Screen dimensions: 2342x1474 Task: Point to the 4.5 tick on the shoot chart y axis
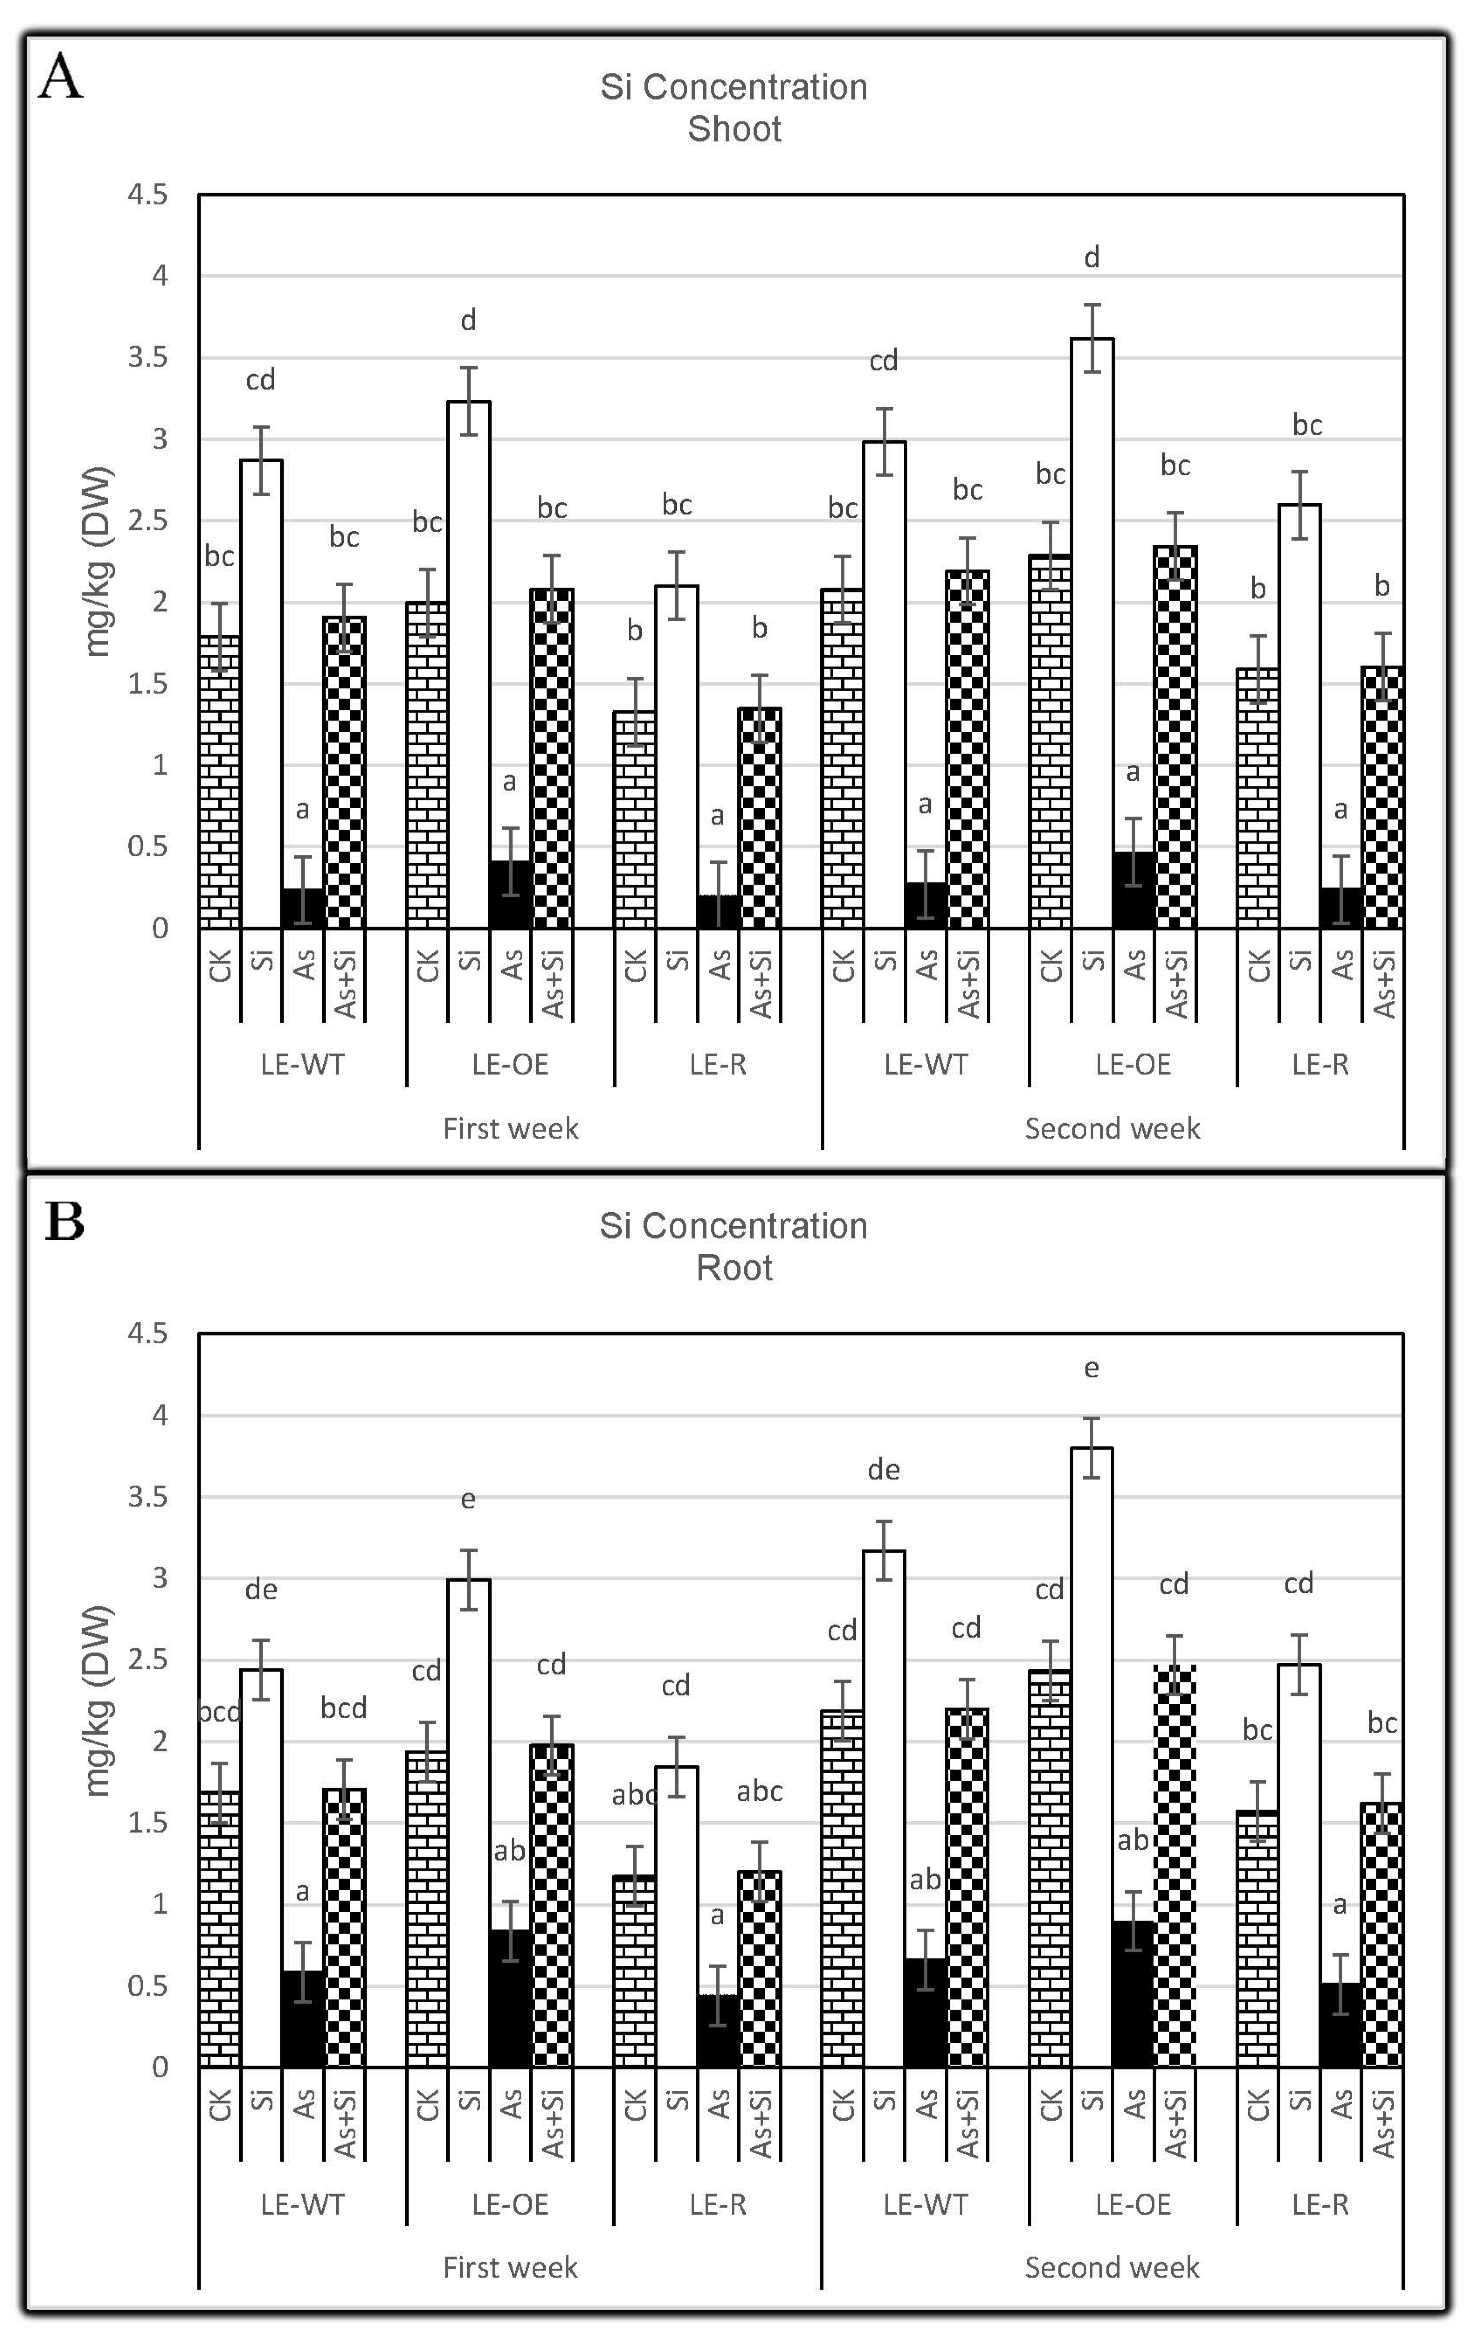pyautogui.click(x=148, y=194)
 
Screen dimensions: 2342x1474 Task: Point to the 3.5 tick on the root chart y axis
pyautogui.click(x=148, y=1496)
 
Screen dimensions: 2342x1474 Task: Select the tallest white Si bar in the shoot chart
pyautogui.click(x=1092, y=632)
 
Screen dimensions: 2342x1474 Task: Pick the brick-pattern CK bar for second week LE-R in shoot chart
pyautogui.click(x=1257, y=798)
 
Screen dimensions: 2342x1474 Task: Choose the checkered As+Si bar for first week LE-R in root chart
pyautogui.click(x=759, y=1969)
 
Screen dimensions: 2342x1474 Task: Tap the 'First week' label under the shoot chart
pyautogui.click(x=510, y=1128)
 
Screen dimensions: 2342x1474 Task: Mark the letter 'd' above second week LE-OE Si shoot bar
pyautogui.click(x=1092, y=258)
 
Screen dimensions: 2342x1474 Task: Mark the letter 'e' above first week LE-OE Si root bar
pyautogui.click(x=468, y=1499)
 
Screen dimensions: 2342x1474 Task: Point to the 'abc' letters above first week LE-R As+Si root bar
pyautogui.click(x=759, y=1791)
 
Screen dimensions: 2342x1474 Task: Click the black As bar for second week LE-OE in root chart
pyautogui.click(x=1133, y=1994)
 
